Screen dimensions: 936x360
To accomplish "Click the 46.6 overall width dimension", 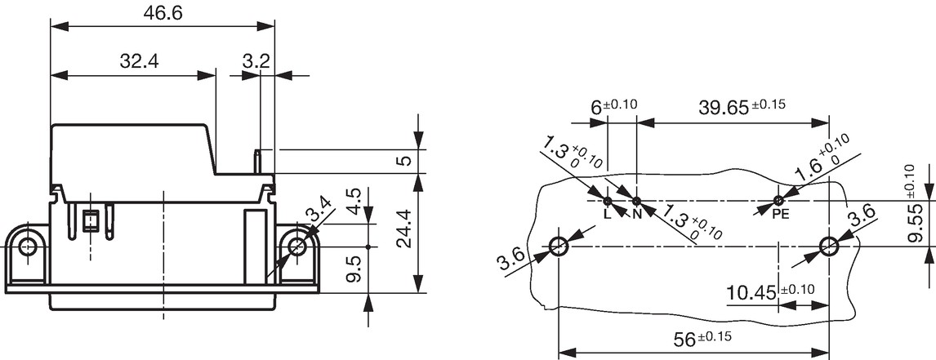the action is point(163,14).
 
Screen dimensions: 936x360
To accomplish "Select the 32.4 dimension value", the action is point(139,61).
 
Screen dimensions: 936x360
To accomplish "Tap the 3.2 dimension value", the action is point(256,61).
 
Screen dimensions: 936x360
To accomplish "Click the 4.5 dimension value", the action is point(353,201).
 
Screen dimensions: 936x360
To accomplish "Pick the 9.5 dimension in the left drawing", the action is point(354,269).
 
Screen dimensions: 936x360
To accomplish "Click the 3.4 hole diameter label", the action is point(317,212).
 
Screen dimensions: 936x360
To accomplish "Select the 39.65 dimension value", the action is point(724,108).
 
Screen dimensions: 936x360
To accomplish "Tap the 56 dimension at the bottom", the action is point(684,340).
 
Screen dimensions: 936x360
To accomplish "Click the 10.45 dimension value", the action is point(751,292).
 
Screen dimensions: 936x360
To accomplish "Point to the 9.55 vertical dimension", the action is point(915,222).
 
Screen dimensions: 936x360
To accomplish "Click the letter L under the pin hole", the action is point(608,215).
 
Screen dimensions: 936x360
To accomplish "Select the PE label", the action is point(781,215).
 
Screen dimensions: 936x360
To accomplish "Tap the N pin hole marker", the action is point(636,201).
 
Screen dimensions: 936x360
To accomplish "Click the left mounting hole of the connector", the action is point(28,246).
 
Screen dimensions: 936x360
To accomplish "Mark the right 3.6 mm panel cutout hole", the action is point(828,246).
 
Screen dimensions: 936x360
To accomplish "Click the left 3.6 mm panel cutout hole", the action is point(559,246).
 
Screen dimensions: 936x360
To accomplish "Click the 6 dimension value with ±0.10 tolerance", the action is point(595,108).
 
